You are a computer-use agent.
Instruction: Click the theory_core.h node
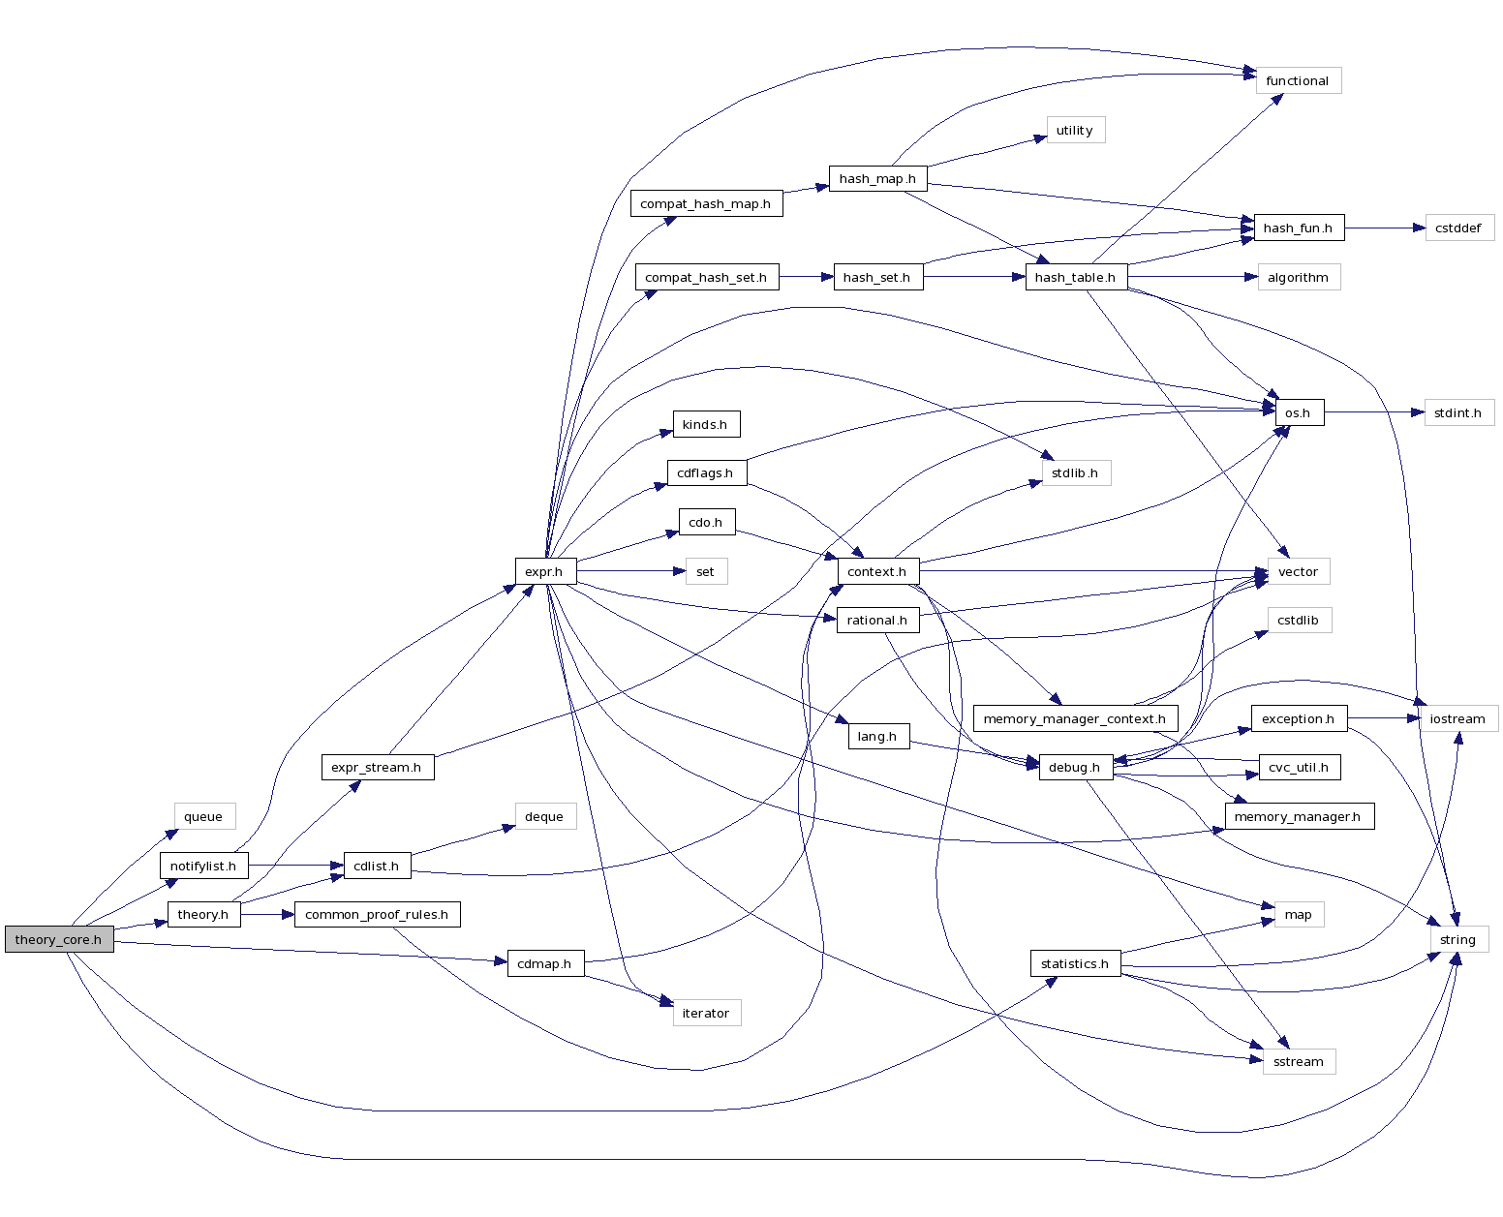(59, 939)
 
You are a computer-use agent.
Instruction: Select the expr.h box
(544, 571)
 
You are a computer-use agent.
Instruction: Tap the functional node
(1297, 80)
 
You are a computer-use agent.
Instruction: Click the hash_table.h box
(1075, 277)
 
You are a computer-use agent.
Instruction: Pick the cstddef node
(1458, 228)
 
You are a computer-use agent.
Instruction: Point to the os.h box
(1298, 412)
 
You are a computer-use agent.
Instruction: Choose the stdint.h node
(1458, 412)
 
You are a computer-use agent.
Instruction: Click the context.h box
(876, 571)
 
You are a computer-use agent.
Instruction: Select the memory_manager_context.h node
(1075, 718)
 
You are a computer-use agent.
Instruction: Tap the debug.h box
(1075, 768)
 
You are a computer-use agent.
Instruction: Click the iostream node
(1457, 718)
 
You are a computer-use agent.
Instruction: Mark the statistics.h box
(1075, 963)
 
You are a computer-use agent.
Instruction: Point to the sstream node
(1298, 1061)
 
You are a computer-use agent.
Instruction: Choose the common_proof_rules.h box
(377, 914)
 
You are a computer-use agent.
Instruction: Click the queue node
(203, 816)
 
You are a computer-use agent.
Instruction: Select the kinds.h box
(705, 424)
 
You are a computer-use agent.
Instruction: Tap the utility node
(1075, 130)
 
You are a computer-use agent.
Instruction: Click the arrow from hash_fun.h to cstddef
(1385, 228)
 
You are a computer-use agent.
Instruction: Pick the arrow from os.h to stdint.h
(1375, 412)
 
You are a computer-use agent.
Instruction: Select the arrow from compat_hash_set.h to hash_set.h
(806, 277)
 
